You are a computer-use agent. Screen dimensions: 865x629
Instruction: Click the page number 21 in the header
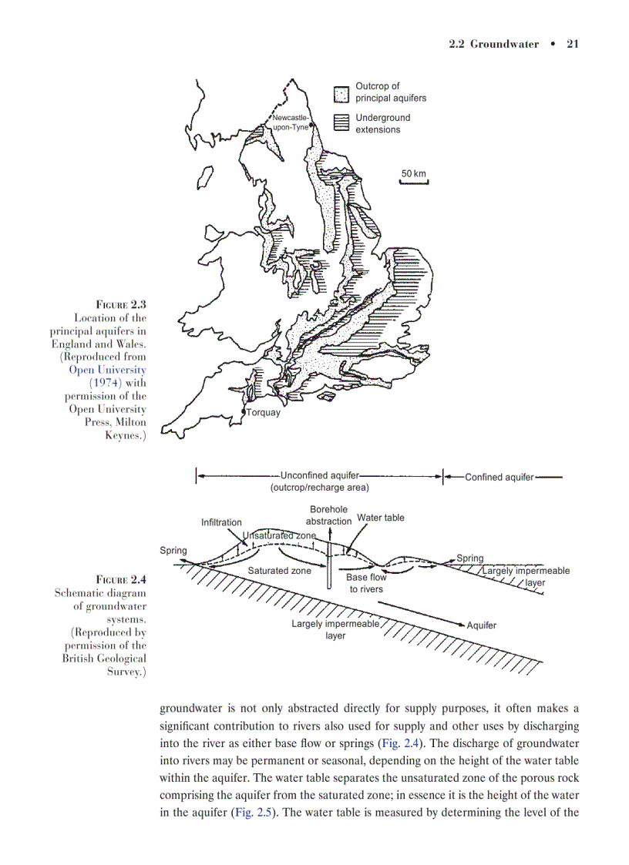[572, 44]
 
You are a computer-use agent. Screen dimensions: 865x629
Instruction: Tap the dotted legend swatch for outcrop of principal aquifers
[341, 93]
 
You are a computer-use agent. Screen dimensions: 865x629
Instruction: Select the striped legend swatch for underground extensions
[341, 123]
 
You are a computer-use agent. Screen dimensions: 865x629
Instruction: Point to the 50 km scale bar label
[413, 173]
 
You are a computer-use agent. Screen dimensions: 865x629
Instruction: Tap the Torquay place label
[264, 412]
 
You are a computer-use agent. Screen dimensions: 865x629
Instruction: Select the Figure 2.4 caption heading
[120, 579]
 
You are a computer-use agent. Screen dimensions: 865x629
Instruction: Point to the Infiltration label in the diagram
[221, 522]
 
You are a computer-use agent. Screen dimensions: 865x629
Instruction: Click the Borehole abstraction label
[329, 515]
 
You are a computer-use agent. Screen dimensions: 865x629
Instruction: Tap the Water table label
[380, 518]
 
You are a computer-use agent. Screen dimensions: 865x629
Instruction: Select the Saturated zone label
[279, 571]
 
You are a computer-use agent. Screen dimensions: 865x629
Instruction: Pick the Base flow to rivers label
[366, 583]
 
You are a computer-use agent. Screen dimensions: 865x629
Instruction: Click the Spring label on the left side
[173, 551]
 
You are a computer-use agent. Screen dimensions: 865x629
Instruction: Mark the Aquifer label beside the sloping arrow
[482, 625]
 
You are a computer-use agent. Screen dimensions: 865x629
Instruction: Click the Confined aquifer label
[499, 478]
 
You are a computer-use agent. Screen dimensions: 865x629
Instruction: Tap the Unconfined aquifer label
[319, 475]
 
